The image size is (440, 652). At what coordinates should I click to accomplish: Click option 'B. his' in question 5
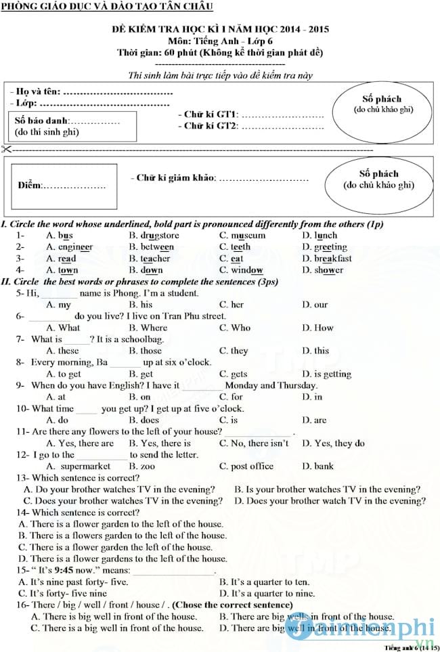click(141, 305)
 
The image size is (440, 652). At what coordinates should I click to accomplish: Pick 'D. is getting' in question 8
click(326, 374)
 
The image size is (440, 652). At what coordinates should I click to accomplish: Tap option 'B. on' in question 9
click(140, 397)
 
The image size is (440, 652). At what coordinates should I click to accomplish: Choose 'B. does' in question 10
click(144, 420)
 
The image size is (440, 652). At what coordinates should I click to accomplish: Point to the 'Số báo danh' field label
click(43, 121)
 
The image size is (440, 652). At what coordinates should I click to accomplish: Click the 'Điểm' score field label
click(30, 186)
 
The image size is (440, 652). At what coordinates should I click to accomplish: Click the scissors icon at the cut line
click(6, 149)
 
